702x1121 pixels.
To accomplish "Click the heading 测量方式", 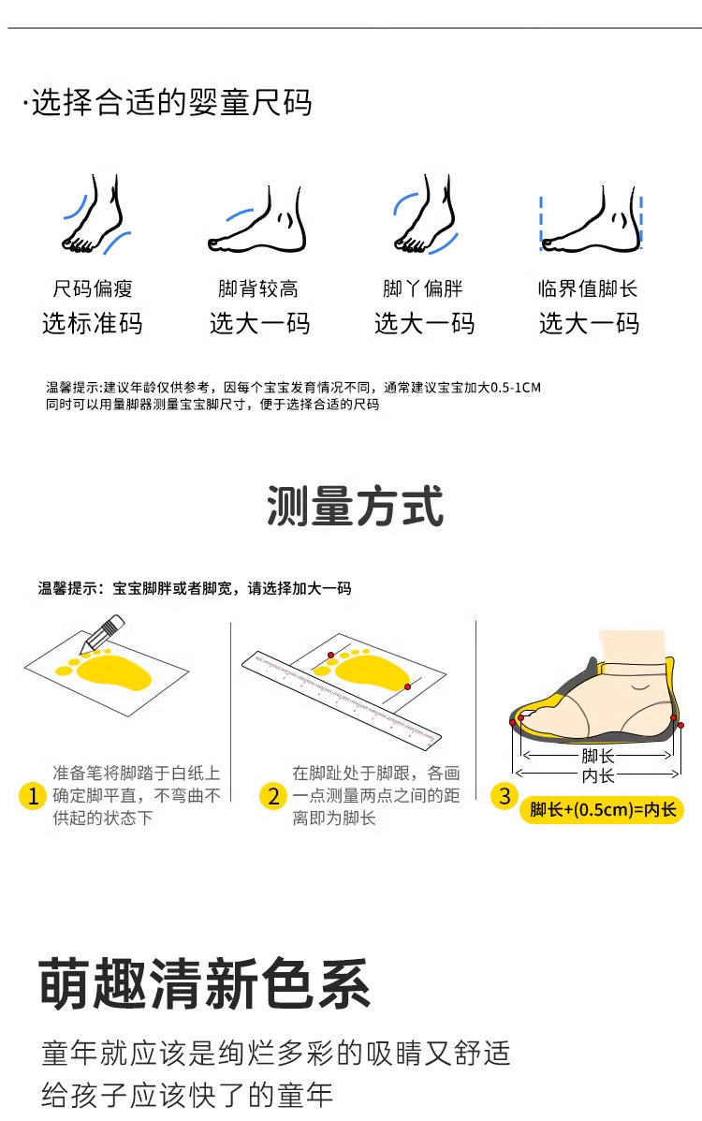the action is pyautogui.click(x=356, y=506).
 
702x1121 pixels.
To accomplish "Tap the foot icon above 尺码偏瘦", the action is pyautogui.click(x=95, y=214).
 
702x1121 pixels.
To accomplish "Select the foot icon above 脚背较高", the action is pyautogui.click(x=257, y=219).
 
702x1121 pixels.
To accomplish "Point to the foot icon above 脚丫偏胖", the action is pyautogui.click(x=426, y=214).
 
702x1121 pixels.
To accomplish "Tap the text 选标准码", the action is pyautogui.click(x=93, y=323).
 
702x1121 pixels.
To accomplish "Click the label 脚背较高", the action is pyautogui.click(x=258, y=288).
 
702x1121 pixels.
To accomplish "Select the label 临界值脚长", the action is pyautogui.click(x=588, y=288).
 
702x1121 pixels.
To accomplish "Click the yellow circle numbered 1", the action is pyautogui.click(x=32, y=796).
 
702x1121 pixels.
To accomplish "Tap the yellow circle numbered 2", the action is pyautogui.click(x=273, y=796).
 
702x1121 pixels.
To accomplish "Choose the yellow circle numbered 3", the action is pyautogui.click(x=505, y=796).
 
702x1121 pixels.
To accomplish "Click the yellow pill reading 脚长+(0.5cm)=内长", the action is pyautogui.click(x=602, y=810).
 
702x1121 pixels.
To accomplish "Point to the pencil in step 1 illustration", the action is pyautogui.click(x=102, y=633).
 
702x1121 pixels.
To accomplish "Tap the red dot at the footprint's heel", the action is pyautogui.click(x=407, y=687).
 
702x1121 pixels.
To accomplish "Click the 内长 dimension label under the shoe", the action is pyautogui.click(x=597, y=775).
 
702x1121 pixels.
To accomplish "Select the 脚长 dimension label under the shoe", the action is pyautogui.click(x=597, y=757).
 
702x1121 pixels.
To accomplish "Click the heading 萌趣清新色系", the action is pyautogui.click(x=205, y=983).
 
